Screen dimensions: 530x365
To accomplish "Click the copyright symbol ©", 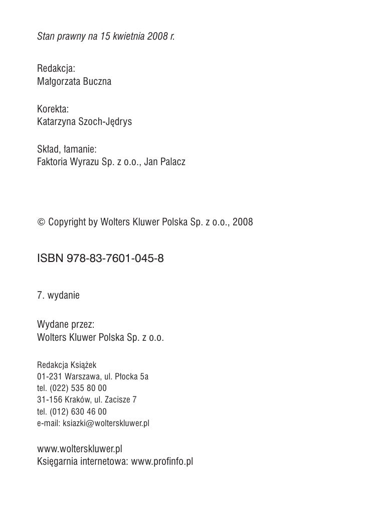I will pyautogui.click(x=41, y=221).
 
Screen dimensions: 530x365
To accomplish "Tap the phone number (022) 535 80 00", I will pyautogui.click(x=78, y=388).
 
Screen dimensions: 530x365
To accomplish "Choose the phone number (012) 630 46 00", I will pyautogui.click(x=78, y=412).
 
